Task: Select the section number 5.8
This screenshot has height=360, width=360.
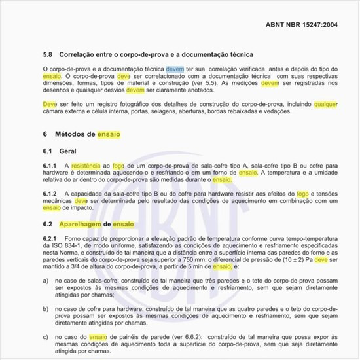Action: click(48, 54)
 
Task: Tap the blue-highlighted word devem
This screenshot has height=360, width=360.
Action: click(175, 68)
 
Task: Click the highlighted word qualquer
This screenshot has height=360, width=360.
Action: click(326, 103)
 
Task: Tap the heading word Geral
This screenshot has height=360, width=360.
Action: click(68, 151)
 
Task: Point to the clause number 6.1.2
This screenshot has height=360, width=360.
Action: click(50, 194)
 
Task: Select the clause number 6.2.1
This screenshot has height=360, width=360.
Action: click(50, 238)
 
